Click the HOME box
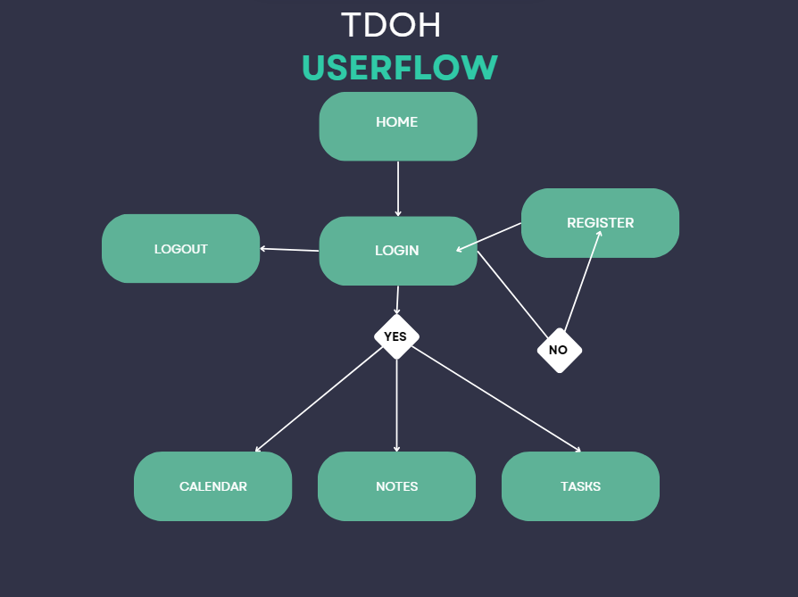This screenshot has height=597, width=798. pyautogui.click(x=397, y=126)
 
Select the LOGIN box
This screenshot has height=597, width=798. pyautogui.click(x=397, y=251)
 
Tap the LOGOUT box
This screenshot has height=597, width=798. pyautogui.click(x=180, y=249)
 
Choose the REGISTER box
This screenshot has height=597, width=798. pyautogui.click(x=600, y=223)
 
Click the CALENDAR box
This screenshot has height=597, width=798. pyautogui.click(x=212, y=486)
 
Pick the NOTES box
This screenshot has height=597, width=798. pyautogui.click(x=396, y=486)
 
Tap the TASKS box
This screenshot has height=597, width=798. pyautogui.click(x=580, y=486)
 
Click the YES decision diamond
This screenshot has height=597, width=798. pyautogui.click(x=395, y=336)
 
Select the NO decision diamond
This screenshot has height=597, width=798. pyautogui.click(x=559, y=350)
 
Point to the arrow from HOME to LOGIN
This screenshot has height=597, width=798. pyautogui.click(x=398, y=188)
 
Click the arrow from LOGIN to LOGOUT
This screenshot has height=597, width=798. pyautogui.click(x=290, y=250)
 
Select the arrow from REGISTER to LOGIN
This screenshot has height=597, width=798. pyautogui.click(x=489, y=237)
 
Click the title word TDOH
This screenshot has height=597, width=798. pyautogui.click(x=391, y=25)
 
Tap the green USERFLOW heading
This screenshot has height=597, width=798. pyautogui.click(x=399, y=68)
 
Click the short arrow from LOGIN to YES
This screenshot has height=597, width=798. pyautogui.click(x=397, y=300)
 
